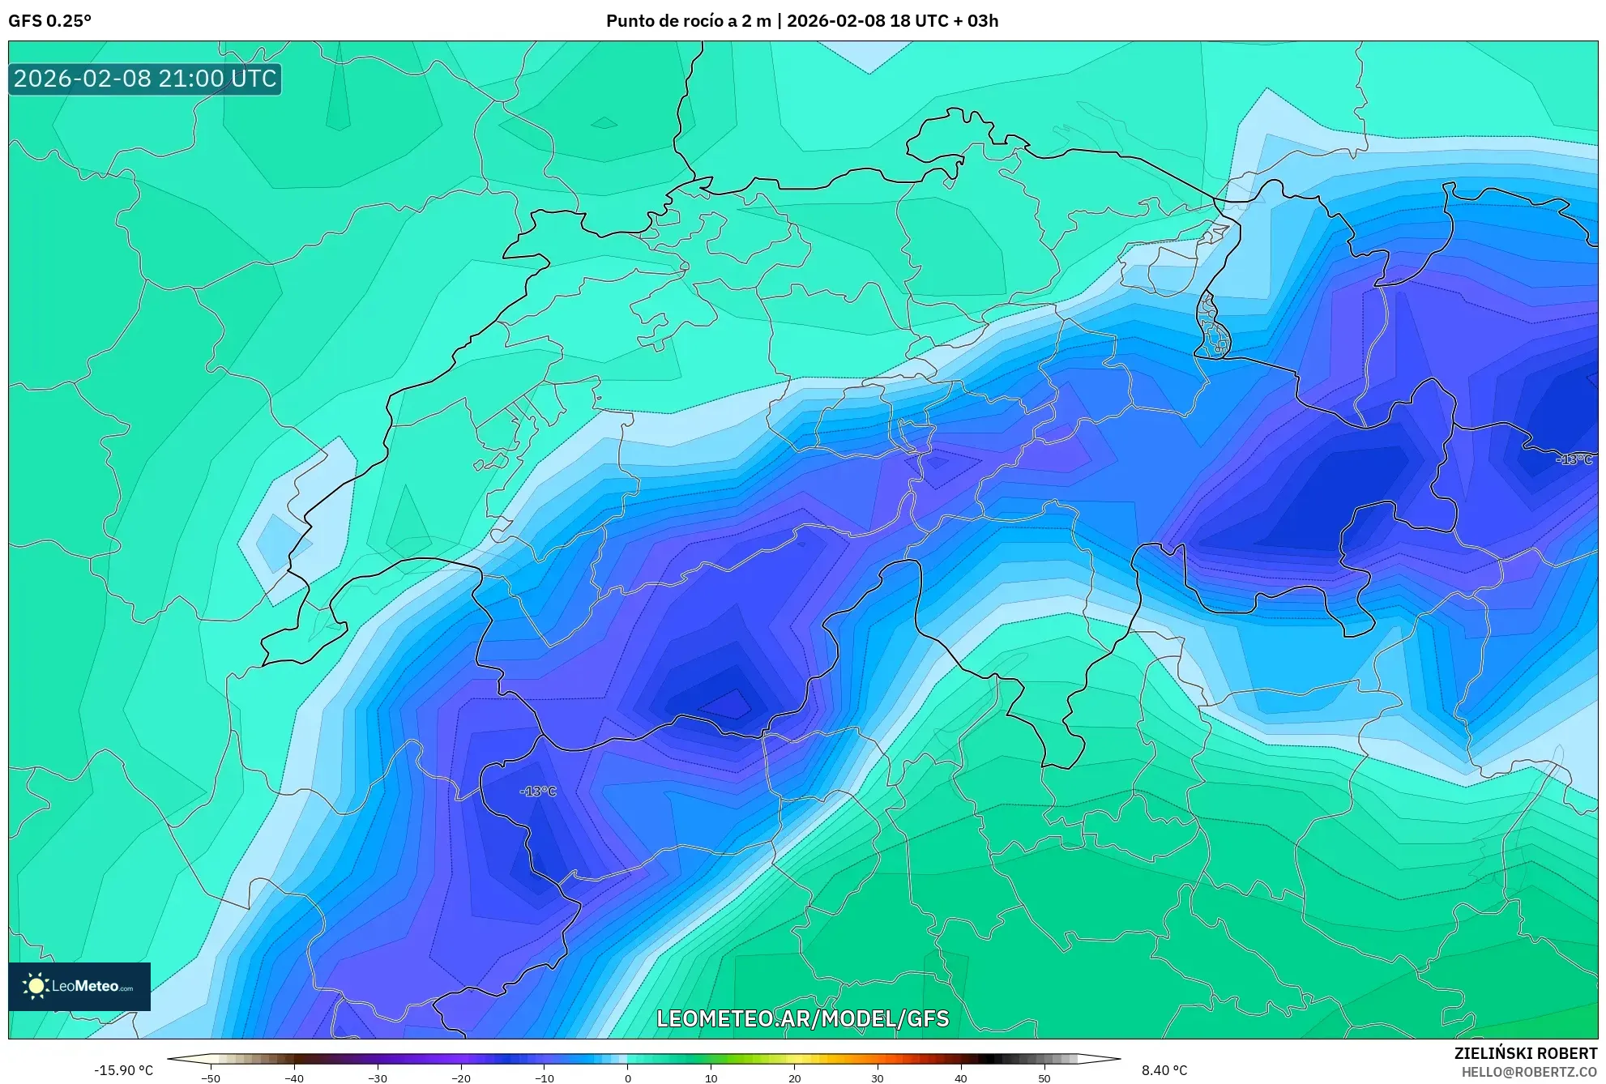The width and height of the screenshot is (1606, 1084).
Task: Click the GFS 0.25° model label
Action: pos(49,21)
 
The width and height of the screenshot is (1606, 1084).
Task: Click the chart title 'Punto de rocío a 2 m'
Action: pos(688,21)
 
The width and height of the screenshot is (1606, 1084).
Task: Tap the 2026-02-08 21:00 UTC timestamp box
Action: pos(145,79)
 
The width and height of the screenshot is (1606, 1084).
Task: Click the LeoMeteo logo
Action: pos(79,986)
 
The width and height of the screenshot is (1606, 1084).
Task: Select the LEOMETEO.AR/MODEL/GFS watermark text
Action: pos(802,1018)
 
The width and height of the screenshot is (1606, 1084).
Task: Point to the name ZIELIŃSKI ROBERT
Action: pos(1525,1053)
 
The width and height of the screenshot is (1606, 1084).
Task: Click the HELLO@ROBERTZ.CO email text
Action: pos(1529,1072)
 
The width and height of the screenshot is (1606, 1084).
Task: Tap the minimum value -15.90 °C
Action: pos(123,1070)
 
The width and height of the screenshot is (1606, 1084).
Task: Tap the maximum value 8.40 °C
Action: pos(1164,1070)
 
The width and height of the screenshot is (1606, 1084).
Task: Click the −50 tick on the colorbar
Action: pos(211,1078)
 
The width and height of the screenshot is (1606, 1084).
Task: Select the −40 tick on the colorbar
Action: pos(294,1078)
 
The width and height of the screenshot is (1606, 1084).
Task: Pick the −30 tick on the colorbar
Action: pos(378,1078)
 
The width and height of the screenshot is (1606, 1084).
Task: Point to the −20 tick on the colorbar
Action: pos(461,1078)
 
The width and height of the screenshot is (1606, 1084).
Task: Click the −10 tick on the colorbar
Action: pos(545,1078)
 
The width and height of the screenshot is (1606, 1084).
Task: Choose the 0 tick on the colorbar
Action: pos(628,1078)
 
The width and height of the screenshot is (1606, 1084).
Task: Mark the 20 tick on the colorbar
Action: pos(795,1078)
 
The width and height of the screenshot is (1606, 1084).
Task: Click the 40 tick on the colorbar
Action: pos(961,1078)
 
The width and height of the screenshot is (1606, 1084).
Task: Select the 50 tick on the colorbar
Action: pos(1044,1078)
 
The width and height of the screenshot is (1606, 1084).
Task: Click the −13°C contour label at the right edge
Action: pos(1574,459)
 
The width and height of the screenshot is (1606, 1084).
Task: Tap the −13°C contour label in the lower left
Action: pos(538,791)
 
